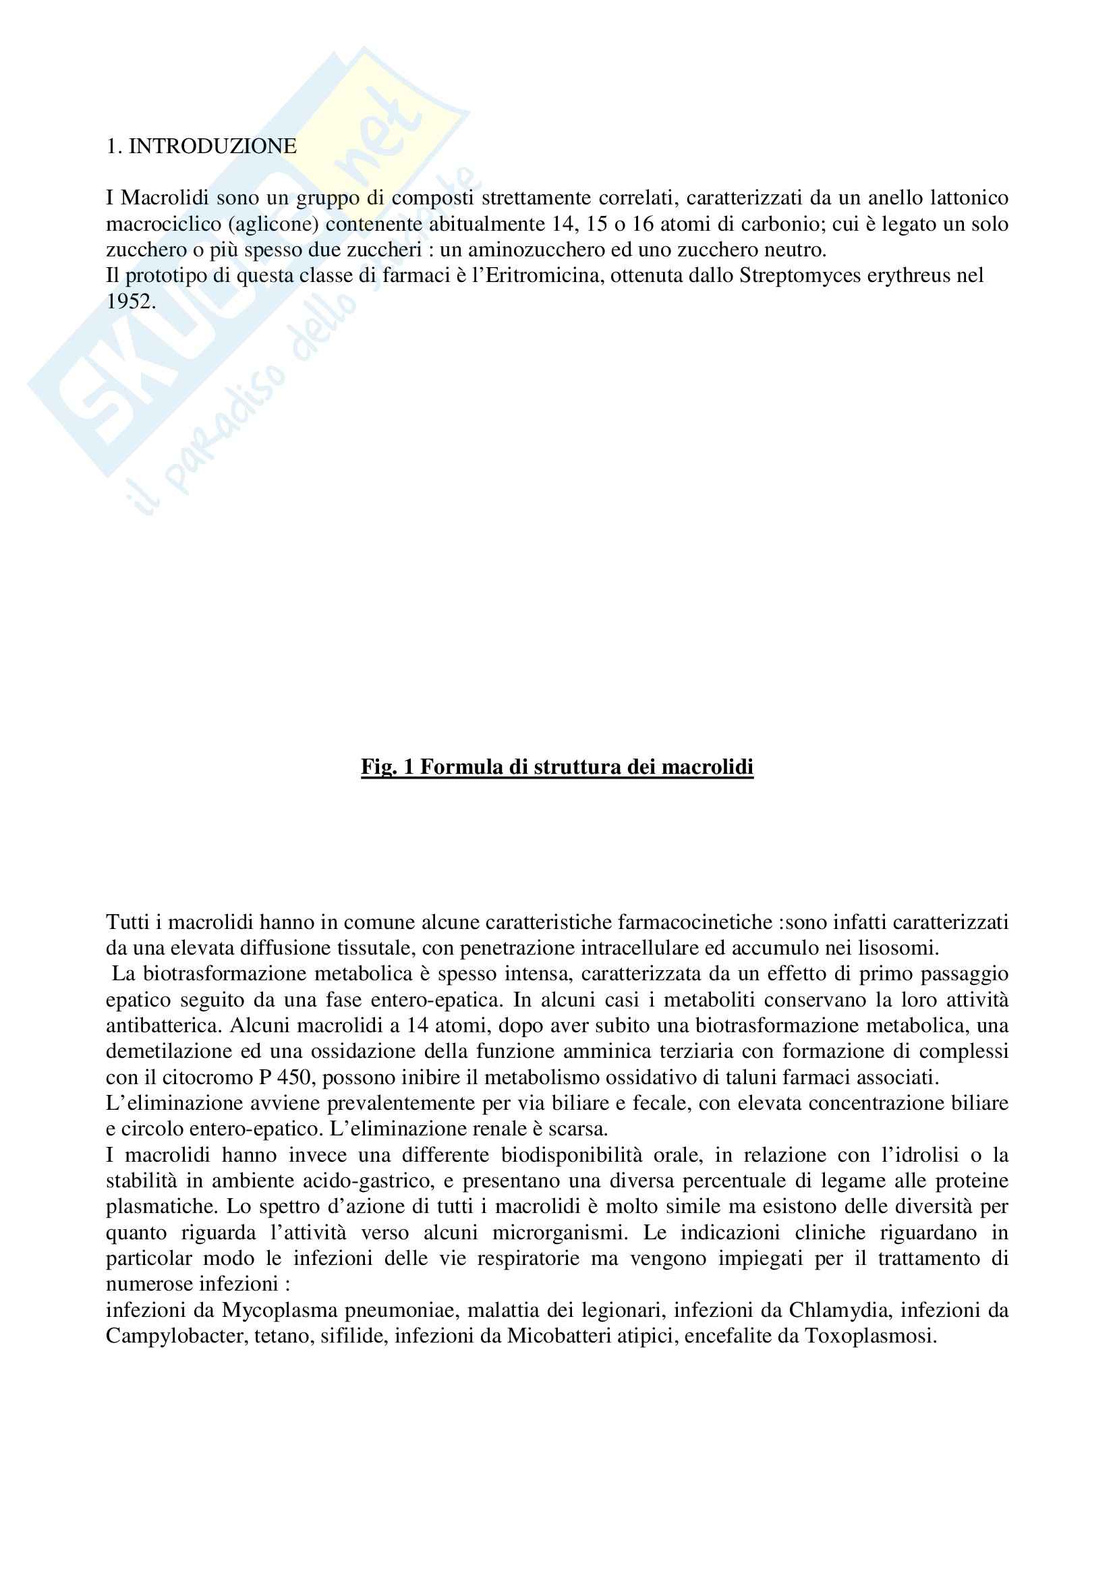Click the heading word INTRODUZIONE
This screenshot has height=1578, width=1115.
(x=213, y=146)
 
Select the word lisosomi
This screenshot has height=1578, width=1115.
(x=896, y=949)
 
